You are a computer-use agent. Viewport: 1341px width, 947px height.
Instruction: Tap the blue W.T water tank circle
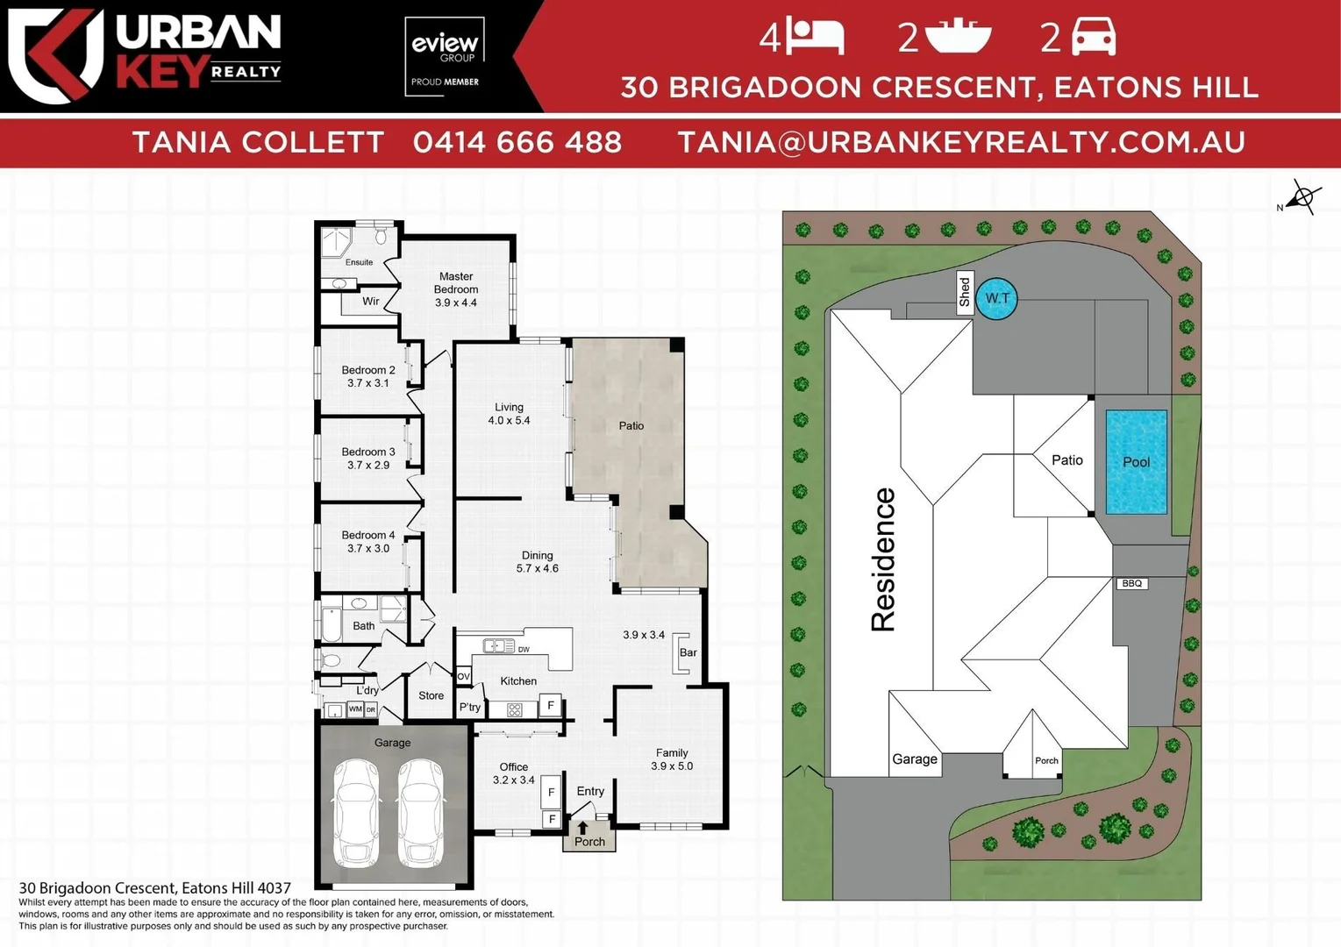(997, 298)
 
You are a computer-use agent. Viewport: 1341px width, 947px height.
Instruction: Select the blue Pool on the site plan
(1136, 461)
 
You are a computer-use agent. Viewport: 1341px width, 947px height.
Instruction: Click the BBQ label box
(1131, 583)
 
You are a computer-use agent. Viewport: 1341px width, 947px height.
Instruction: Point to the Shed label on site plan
(965, 292)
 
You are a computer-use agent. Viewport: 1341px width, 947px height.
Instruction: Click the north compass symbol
(1302, 197)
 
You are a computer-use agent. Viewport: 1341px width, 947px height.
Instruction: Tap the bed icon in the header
(815, 37)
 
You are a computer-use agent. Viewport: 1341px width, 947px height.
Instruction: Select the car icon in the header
(1094, 37)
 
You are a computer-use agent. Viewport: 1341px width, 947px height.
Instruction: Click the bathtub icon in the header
(958, 37)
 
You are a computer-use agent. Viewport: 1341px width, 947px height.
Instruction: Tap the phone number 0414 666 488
(517, 142)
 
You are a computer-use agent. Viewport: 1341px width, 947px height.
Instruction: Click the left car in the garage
(356, 812)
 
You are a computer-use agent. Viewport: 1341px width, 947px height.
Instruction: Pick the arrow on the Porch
(582, 827)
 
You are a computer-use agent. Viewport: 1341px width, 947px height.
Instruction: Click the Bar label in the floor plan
(688, 652)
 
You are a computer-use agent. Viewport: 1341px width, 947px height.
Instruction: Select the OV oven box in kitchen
(464, 676)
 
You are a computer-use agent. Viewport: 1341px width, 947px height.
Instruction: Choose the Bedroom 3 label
(368, 458)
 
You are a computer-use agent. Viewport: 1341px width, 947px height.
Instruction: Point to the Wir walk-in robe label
(371, 301)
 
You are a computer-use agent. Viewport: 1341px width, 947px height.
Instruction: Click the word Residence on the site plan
(883, 559)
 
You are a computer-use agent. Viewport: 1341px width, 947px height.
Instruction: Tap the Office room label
(513, 773)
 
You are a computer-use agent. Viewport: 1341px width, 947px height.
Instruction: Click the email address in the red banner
(961, 142)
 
